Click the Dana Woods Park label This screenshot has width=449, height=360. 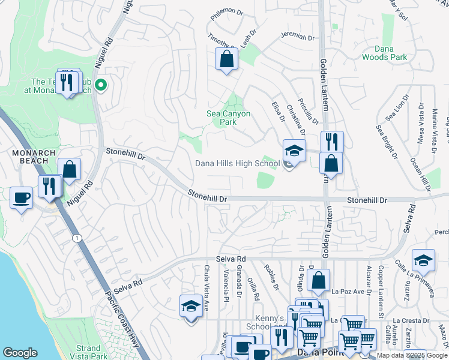click(384, 53)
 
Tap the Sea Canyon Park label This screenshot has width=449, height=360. click(228, 118)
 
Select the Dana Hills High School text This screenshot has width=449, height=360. click(237, 163)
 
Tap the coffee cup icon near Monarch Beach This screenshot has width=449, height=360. click(22, 197)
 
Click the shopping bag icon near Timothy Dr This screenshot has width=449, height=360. click(226, 59)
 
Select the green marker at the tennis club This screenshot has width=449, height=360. click(101, 86)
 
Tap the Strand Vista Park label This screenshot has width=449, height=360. click(88, 352)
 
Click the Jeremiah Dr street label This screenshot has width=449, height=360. click(298, 37)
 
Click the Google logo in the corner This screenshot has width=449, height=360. click(20, 353)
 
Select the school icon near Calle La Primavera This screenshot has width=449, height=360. click(423, 260)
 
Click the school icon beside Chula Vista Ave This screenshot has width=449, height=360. click(191, 306)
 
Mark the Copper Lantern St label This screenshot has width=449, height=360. click(381, 298)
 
